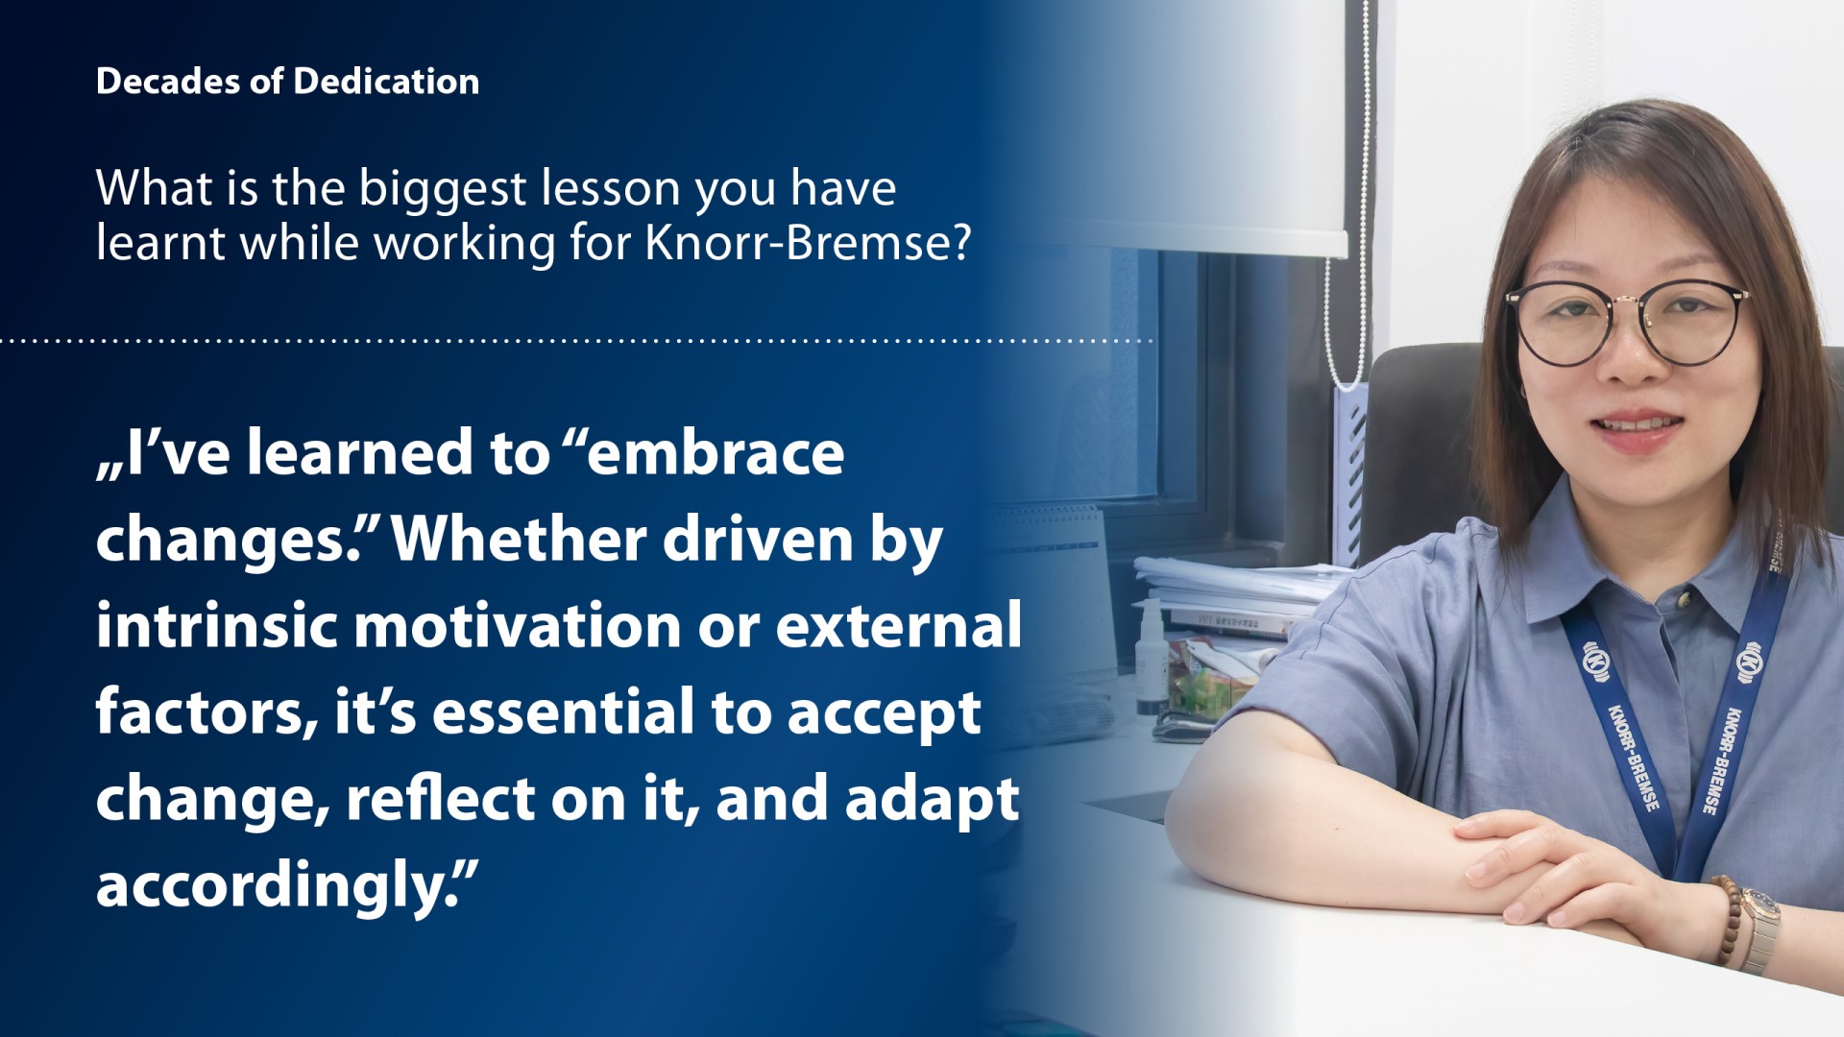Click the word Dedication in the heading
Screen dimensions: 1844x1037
[386, 82]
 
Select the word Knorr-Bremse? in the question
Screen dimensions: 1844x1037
[808, 242]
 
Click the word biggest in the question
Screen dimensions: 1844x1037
[443, 190]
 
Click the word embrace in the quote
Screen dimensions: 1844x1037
[715, 452]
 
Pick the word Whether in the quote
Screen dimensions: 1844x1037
[520, 539]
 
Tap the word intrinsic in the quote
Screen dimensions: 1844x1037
[217, 625]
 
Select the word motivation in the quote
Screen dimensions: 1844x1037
[518, 625]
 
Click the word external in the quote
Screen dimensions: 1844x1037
[898, 625]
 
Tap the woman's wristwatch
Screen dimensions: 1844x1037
[1760, 927]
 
